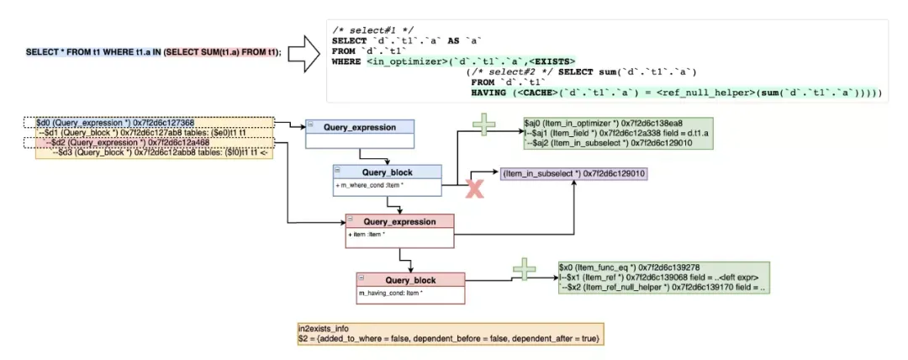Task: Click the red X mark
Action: point(475,190)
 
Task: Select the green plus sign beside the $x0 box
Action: point(524,270)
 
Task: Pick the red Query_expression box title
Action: point(399,221)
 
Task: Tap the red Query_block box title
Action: point(409,280)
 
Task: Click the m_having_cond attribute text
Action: point(391,292)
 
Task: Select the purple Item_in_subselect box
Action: point(574,173)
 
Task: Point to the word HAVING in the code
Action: point(489,93)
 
